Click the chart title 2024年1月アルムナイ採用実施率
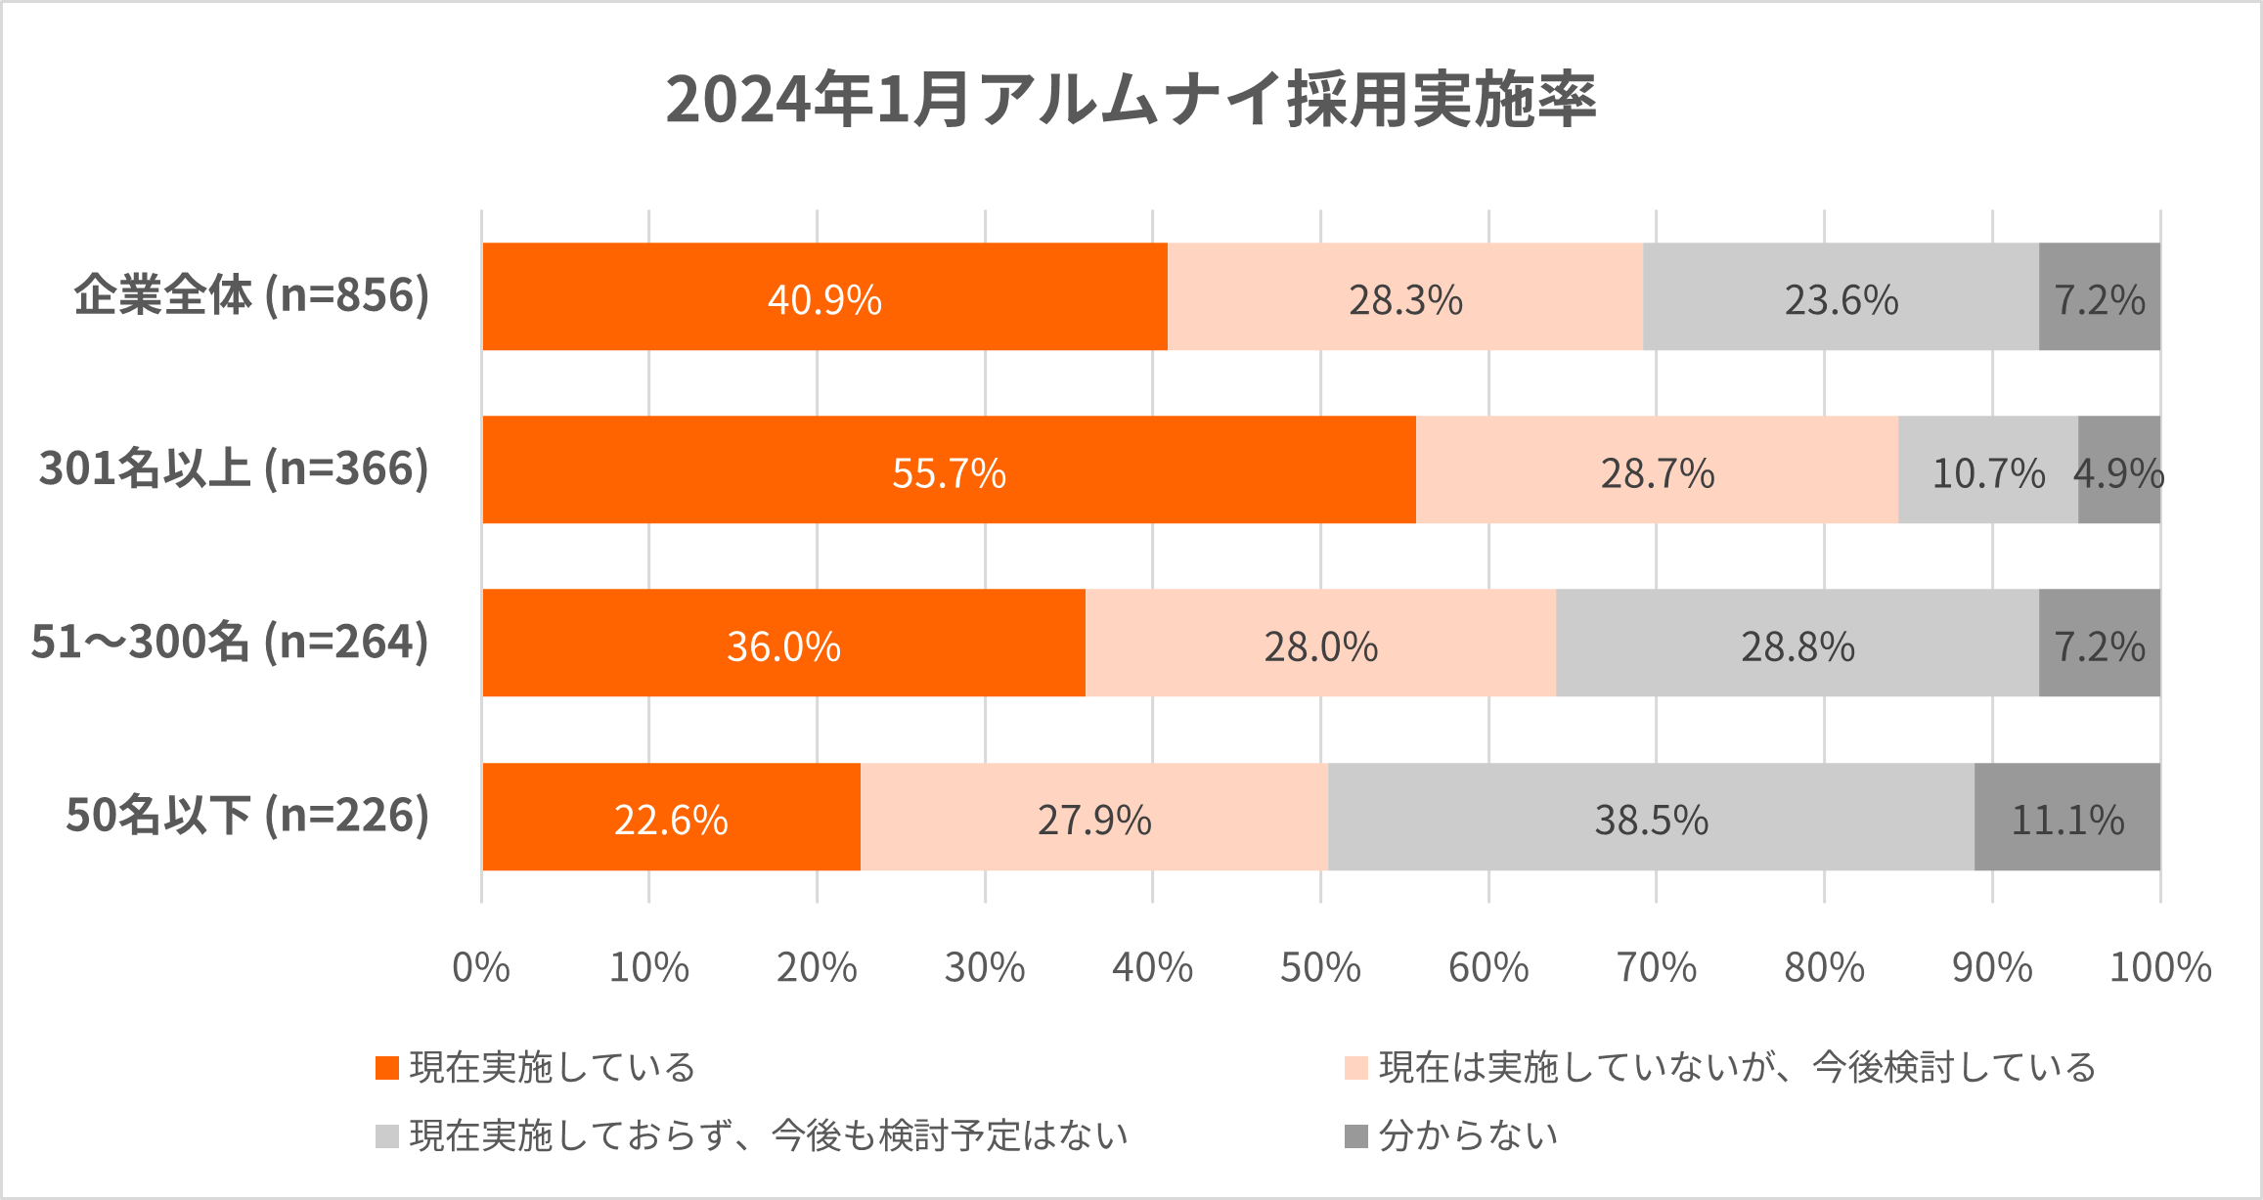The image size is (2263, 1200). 1131,100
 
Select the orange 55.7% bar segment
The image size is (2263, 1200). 949,470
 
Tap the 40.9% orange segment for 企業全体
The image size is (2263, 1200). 824,297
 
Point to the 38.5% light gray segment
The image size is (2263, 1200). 1651,818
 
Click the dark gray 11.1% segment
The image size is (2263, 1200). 2066,818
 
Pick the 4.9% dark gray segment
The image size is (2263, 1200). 2118,470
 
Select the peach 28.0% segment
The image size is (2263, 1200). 1320,644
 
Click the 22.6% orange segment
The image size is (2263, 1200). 671,818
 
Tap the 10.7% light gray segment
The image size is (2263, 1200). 1987,470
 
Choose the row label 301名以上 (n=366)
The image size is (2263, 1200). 234,469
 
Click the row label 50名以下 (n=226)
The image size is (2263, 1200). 247,816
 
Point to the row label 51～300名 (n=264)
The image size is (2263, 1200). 230,643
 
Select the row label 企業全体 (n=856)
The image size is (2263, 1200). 251,296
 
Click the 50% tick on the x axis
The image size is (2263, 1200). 1320,968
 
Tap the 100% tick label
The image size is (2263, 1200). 2159,968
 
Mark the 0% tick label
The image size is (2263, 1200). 481,968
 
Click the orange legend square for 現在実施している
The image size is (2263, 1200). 387,1068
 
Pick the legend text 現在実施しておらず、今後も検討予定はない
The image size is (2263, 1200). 769,1136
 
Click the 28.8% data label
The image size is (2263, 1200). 1797,645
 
